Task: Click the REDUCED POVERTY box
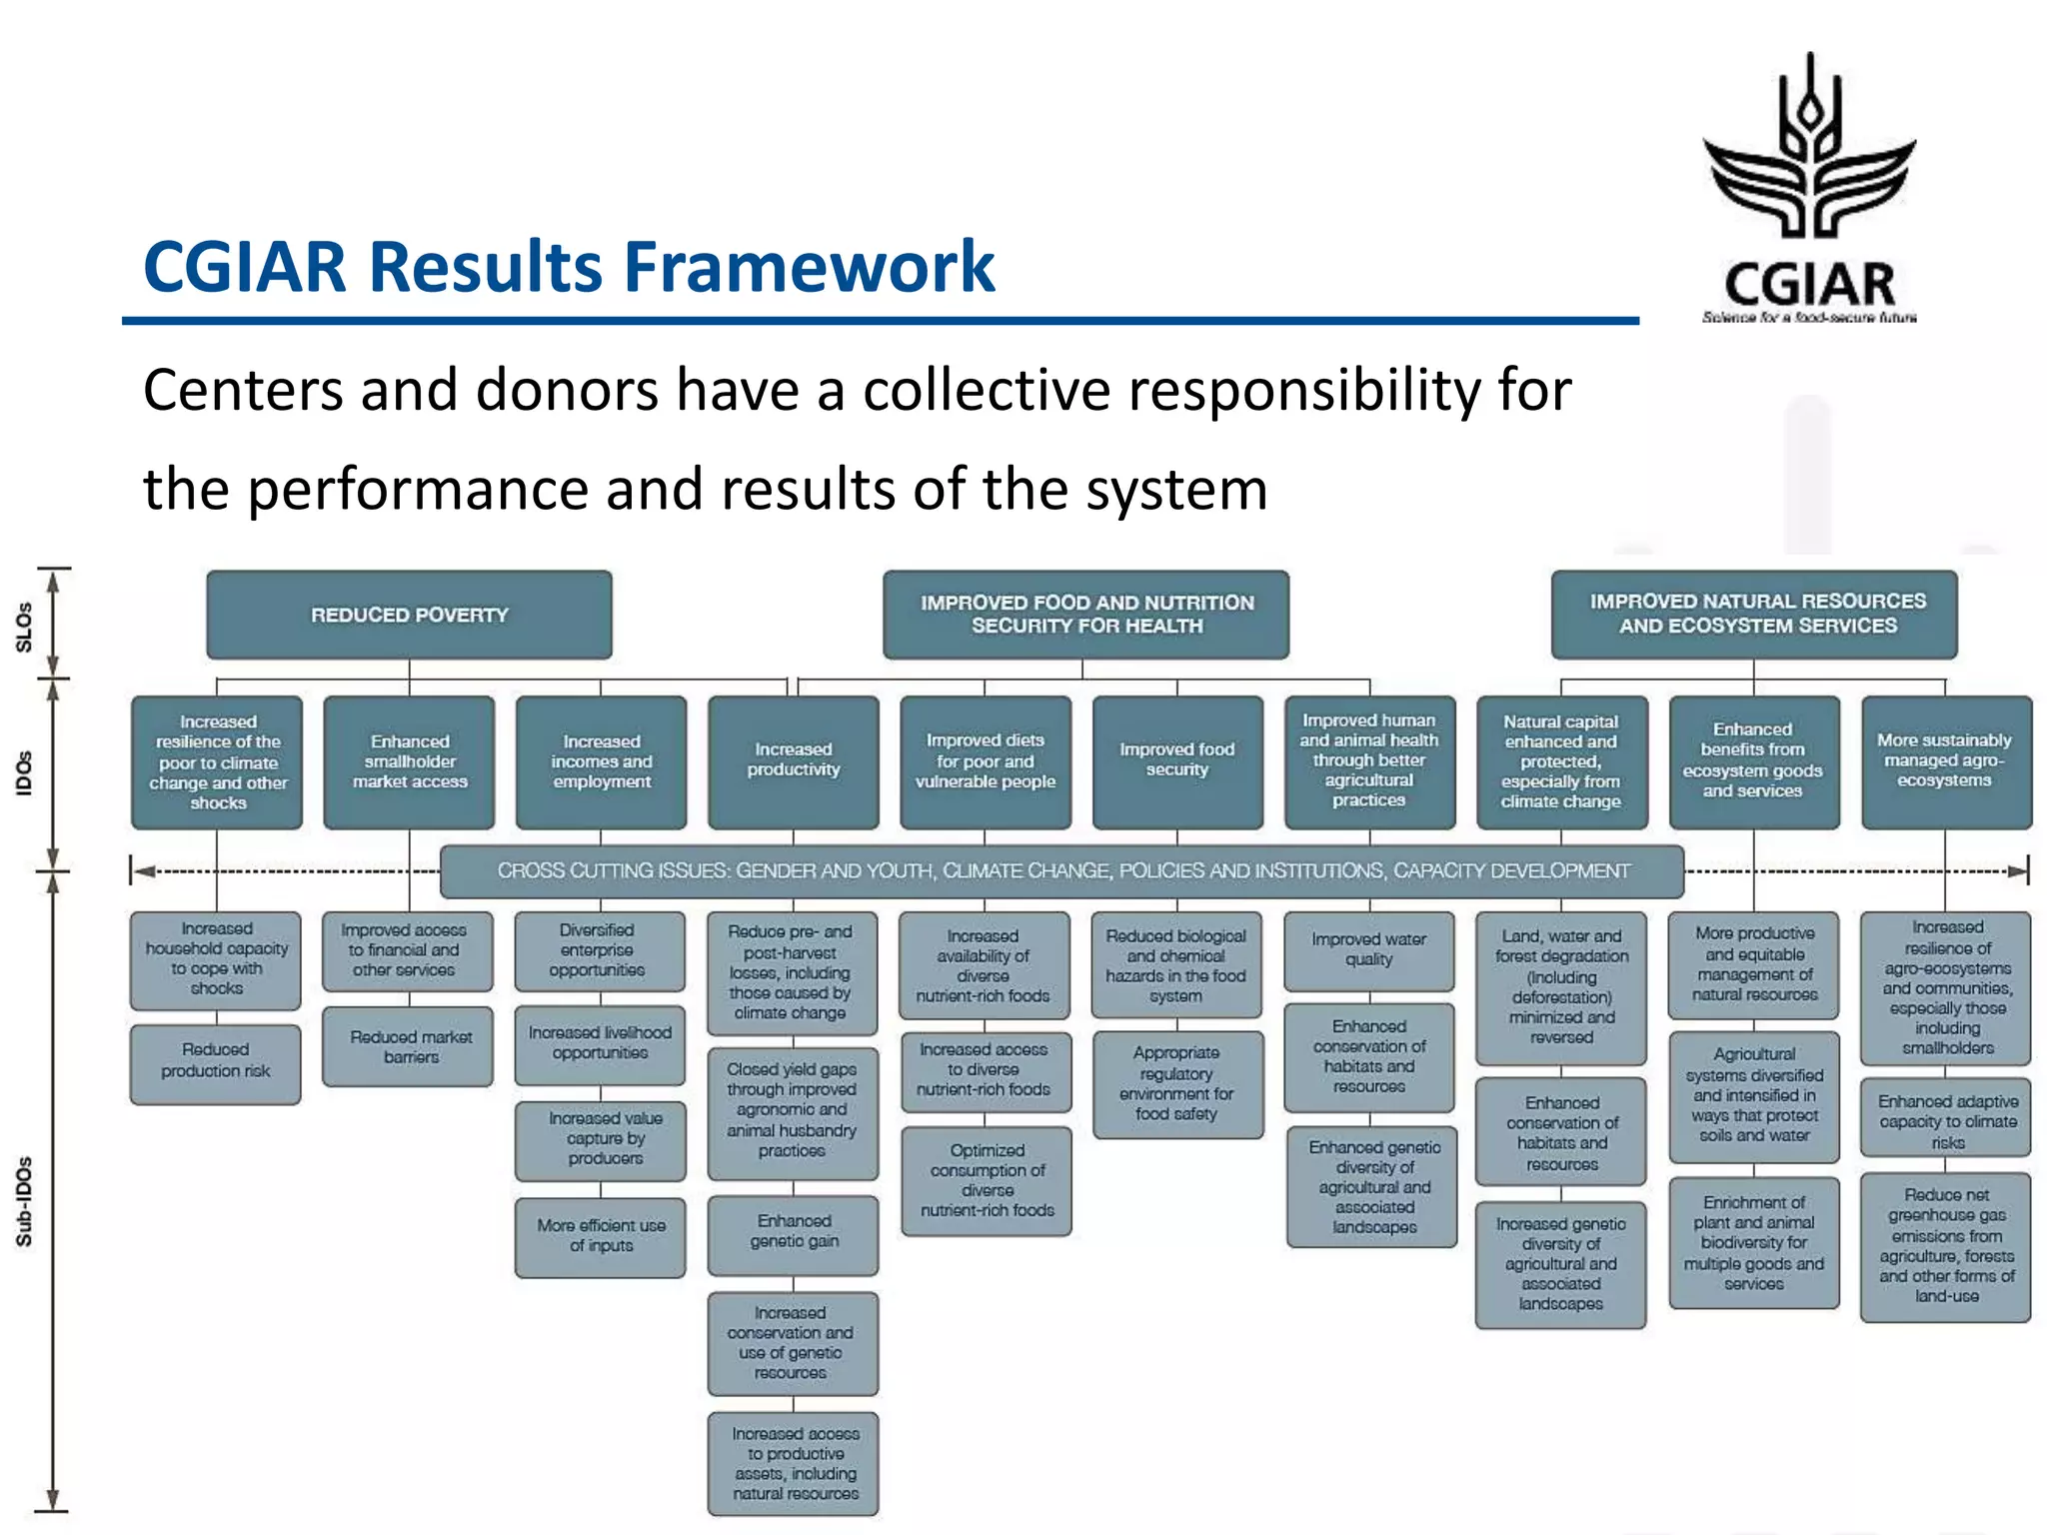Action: coord(409,615)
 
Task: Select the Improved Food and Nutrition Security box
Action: coord(1086,615)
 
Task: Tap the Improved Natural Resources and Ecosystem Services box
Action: coord(1754,614)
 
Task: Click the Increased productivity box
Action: coord(794,762)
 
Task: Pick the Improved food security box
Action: coord(1177,762)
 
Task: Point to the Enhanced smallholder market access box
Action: coord(409,762)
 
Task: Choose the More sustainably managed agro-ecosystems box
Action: coord(1945,762)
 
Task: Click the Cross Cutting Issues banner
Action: coord(1061,871)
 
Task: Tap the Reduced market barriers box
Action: coord(409,1046)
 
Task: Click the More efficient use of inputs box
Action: coord(601,1237)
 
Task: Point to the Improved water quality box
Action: coord(1368,950)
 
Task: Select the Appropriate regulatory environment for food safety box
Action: coord(1177,1084)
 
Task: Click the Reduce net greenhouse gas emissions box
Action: coord(1945,1246)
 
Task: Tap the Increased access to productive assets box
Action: coord(794,1463)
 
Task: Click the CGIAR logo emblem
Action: coord(1809,150)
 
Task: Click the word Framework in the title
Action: coord(810,267)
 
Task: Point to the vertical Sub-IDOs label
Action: coord(24,1201)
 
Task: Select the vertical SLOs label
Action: coord(24,627)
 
